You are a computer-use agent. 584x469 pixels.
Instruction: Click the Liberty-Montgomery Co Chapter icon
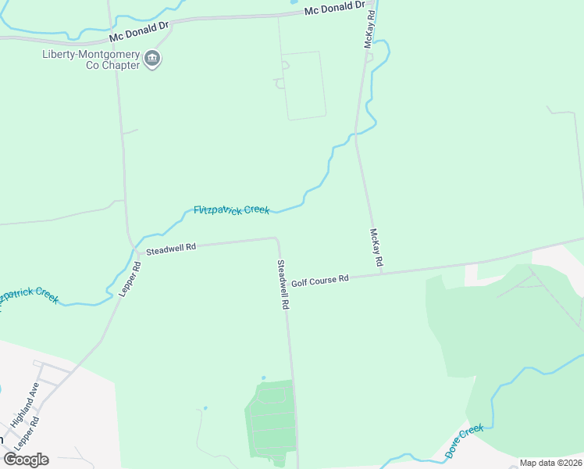(x=153, y=59)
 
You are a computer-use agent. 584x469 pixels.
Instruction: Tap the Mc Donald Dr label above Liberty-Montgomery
(x=139, y=31)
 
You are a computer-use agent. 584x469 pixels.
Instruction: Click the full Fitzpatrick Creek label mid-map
(x=231, y=209)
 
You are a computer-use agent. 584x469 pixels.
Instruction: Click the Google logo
(x=26, y=460)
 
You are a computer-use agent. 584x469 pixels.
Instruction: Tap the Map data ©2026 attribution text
(x=550, y=463)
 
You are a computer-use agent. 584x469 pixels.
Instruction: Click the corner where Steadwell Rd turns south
(x=276, y=239)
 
